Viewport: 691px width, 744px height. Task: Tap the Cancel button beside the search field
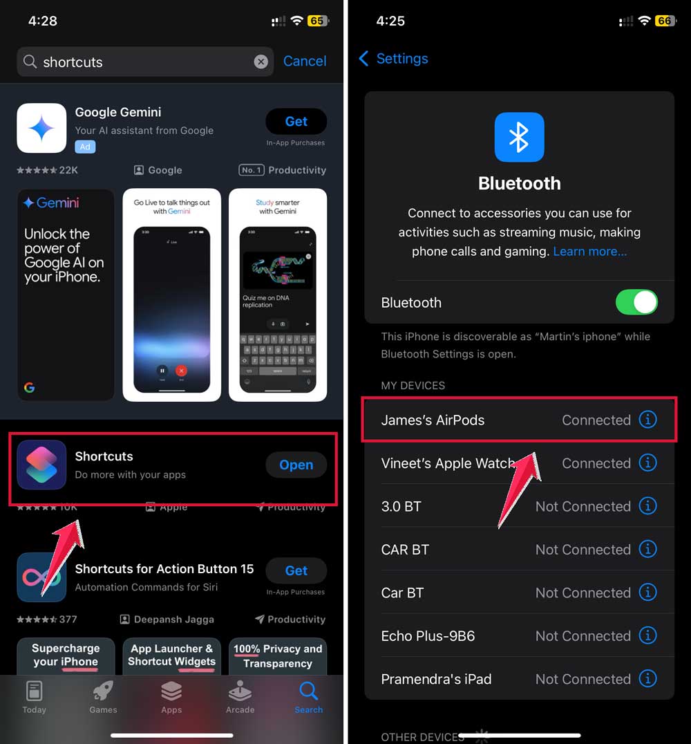304,61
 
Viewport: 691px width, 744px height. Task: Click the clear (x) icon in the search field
261,62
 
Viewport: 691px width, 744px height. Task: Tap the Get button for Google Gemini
296,122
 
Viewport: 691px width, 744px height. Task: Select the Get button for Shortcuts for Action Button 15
296,570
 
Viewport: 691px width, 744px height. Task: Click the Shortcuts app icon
41,465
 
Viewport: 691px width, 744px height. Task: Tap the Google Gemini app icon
41,128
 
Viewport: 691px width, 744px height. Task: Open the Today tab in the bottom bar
34,697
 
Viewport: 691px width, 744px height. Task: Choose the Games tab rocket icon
103,691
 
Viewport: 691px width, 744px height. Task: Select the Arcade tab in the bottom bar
240,697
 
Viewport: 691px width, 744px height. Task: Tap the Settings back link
393,59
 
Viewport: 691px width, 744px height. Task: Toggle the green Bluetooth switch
636,302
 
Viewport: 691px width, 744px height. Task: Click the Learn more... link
589,252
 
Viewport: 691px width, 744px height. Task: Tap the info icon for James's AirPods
647,420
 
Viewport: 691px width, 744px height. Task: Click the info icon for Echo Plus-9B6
647,635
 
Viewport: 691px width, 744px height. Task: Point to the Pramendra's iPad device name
436,679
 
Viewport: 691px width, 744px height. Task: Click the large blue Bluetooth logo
519,138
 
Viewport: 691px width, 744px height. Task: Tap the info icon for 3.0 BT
647,506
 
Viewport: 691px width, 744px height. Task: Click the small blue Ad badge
85,147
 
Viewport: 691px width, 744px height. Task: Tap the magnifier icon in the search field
30,62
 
